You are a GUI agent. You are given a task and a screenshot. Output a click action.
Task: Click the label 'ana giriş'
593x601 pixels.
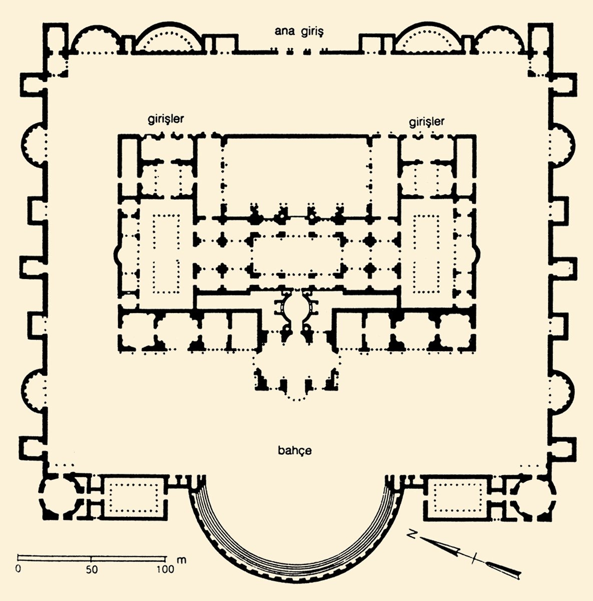coord(299,32)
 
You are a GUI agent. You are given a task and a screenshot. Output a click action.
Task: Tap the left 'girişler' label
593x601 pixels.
coord(166,119)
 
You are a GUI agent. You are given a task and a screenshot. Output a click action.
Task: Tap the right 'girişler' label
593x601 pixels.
coord(426,122)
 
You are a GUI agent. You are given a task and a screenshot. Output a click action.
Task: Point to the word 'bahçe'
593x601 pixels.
coord(294,450)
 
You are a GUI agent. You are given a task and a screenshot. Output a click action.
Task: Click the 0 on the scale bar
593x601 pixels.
coord(18,568)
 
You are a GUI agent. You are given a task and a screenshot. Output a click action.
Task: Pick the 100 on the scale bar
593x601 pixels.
coord(165,569)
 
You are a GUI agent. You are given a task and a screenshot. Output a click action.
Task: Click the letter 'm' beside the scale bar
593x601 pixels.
coord(182,560)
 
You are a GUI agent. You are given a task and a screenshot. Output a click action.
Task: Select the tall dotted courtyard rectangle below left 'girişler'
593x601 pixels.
coord(166,254)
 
